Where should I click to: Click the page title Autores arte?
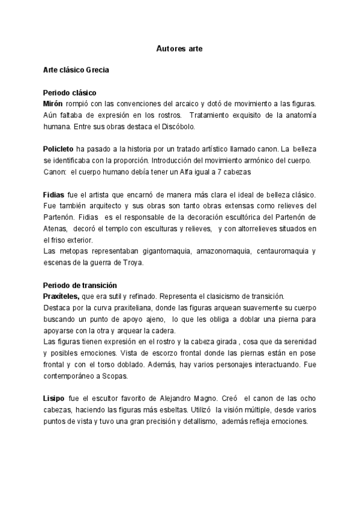tap(179, 47)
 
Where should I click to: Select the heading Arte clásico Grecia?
tap(76, 70)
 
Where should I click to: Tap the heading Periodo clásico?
tap(70, 92)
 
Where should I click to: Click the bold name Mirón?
tap(54, 104)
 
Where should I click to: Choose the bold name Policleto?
tap(58, 149)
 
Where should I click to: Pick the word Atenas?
tap(56, 229)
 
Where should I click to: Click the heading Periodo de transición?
tap(80, 285)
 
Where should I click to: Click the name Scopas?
tap(113, 376)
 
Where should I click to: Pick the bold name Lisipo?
tap(55, 399)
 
